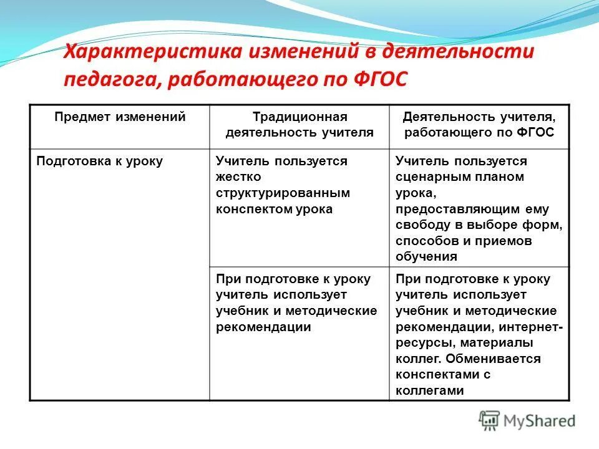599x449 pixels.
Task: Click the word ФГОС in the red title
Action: (376, 79)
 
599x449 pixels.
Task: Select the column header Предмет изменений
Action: (120, 117)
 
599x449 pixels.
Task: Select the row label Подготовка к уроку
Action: (100, 161)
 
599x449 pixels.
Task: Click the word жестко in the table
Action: (234, 177)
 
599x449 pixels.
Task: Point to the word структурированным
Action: (283, 193)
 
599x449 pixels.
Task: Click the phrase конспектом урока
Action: (275, 209)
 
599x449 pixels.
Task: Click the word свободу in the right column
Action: (419, 225)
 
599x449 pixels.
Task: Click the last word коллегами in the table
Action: (430, 390)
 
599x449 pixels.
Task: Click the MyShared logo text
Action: (540, 421)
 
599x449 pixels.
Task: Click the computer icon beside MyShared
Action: (490, 420)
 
